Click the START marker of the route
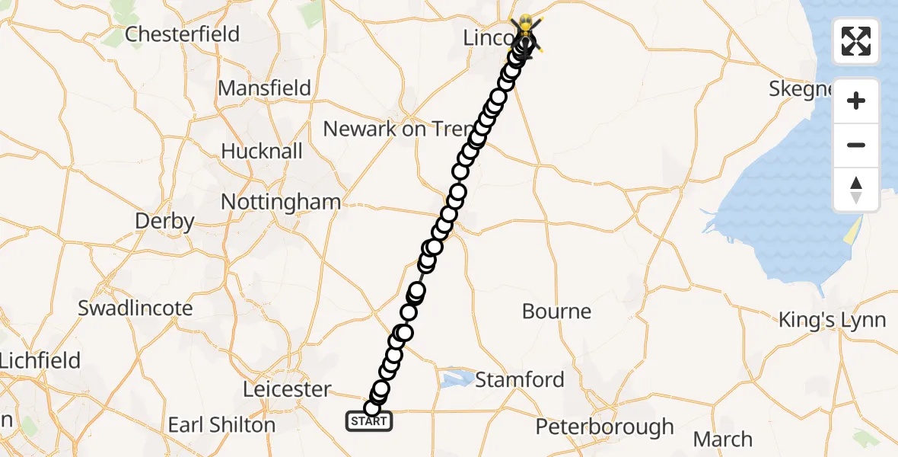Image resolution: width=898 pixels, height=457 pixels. pyautogui.click(x=369, y=420)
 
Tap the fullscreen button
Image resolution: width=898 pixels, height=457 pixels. pyautogui.click(x=856, y=41)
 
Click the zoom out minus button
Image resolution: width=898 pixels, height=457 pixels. pyautogui.click(x=856, y=145)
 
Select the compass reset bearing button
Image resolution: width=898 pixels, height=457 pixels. pyautogui.click(x=856, y=190)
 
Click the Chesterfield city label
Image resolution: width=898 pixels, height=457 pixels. pyautogui.click(x=182, y=34)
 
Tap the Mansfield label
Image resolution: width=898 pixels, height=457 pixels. pyautogui.click(x=264, y=88)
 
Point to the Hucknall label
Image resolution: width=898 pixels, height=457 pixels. pyautogui.click(x=262, y=151)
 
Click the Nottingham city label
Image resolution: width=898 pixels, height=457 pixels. pyautogui.click(x=280, y=202)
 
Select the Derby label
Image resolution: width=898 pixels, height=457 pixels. pyautogui.click(x=164, y=221)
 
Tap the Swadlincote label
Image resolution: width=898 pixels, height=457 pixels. pyautogui.click(x=135, y=308)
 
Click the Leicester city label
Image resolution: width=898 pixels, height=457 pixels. pyautogui.click(x=287, y=389)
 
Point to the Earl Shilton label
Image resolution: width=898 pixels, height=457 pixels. pyautogui.click(x=221, y=424)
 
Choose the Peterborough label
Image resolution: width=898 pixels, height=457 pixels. pyautogui.click(x=604, y=427)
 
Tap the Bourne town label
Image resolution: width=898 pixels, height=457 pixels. pyautogui.click(x=556, y=311)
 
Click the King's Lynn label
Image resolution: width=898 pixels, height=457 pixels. pyautogui.click(x=832, y=320)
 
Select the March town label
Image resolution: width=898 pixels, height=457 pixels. pyautogui.click(x=722, y=439)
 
